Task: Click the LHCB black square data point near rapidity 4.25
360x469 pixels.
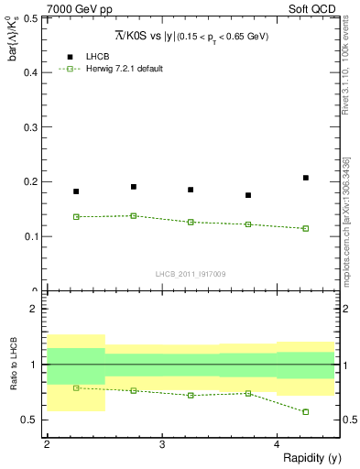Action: [x=306, y=178]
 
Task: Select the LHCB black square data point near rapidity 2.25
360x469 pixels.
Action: [x=76, y=191]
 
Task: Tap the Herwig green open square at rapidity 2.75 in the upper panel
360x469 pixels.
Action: [x=134, y=216]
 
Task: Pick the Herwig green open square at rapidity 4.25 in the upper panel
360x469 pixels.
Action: [x=306, y=228]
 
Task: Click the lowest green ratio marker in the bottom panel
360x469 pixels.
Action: [x=306, y=412]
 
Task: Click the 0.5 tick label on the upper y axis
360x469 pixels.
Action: [x=32, y=17]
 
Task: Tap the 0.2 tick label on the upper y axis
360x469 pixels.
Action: [x=32, y=181]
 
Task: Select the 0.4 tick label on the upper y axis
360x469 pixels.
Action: [x=32, y=71]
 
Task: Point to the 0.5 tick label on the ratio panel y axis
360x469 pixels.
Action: [x=32, y=420]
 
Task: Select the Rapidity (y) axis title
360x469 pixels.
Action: [x=311, y=457]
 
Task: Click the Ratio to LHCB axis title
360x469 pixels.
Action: [x=13, y=365]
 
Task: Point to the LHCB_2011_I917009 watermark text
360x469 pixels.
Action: [x=191, y=274]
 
